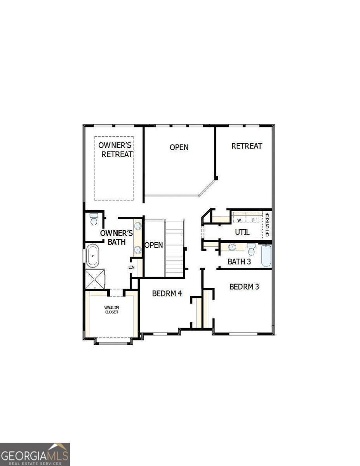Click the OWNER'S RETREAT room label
115,150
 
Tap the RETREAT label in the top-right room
247,146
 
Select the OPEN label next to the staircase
154,245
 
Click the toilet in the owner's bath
94,219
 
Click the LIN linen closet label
131,268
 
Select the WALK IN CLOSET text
111,310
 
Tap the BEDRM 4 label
167,294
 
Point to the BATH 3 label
239,262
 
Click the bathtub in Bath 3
266,256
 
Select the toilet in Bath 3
251,249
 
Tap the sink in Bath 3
232,247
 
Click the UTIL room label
242,232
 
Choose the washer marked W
240,220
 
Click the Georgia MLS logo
35,454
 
